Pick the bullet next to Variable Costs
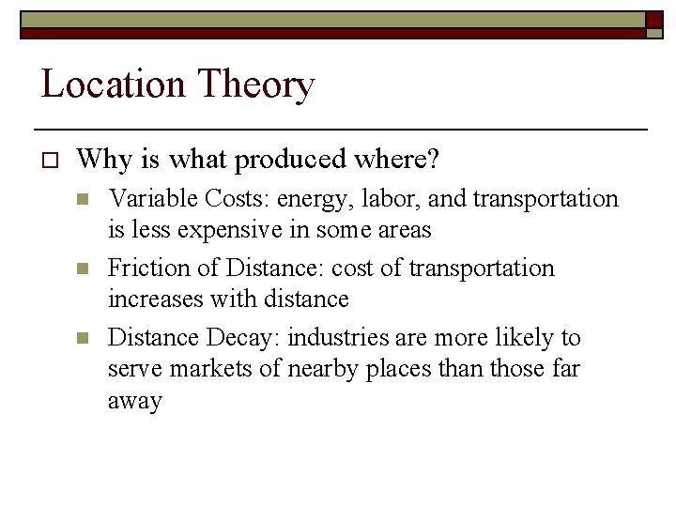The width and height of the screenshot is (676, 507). click(x=83, y=199)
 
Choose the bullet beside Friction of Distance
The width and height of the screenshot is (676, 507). click(x=83, y=269)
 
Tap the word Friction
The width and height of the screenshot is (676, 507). click(x=145, y=269)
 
